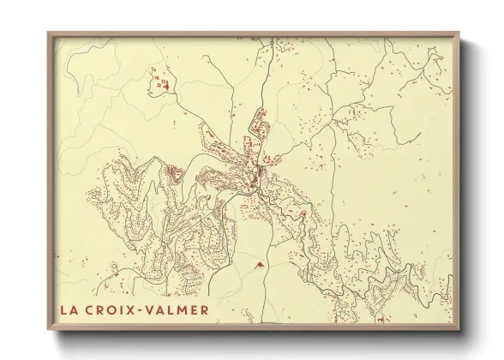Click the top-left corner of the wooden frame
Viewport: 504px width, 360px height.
pos(48,33)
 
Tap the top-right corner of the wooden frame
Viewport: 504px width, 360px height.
pos(459,33)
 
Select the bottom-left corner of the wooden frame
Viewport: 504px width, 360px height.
pos(48,331)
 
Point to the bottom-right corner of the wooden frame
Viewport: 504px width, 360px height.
pos(459,331)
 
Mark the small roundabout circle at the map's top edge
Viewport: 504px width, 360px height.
pos(270,41)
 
